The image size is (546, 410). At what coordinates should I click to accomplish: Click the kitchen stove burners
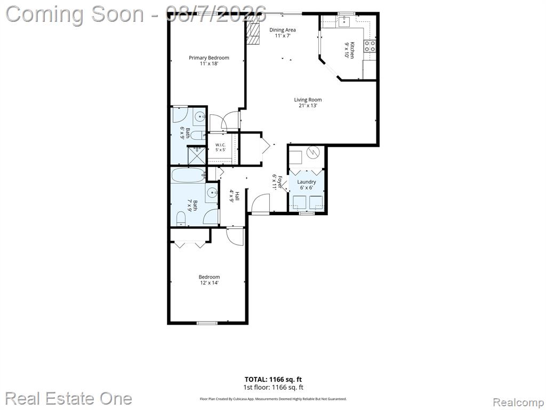click(x=370, y=46)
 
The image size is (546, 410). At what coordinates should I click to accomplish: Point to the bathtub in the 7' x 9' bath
click(x=188, y=175)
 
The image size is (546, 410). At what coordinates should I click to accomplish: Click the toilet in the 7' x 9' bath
click(x=181, y=219)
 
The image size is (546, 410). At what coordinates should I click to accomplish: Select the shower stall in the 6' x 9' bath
click(x=197, y=155)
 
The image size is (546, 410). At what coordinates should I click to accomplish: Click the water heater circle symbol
click(x=313, y=152)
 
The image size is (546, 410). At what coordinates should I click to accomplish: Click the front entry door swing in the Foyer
click(x=260, y=203)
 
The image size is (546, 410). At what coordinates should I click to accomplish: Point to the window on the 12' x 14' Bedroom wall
click(x=207, y=323)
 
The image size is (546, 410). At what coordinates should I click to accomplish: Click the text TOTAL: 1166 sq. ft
click(x=273, y=380)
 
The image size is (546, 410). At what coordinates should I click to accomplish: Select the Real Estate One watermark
click(x=69, y=398)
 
